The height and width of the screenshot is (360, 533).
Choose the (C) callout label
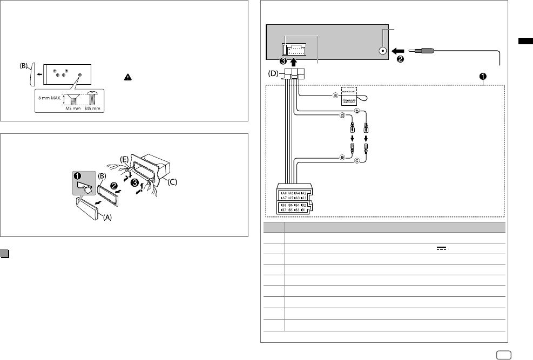click(171, 182)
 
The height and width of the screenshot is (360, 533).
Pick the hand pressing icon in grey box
click(84, 185)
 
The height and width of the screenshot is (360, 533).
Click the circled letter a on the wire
click(335, 96)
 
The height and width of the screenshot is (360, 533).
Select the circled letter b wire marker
click(357, 111)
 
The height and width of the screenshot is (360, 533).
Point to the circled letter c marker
click(356, 160)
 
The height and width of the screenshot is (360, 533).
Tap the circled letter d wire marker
click(342, 115)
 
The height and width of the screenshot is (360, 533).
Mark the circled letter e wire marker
click(341, 157)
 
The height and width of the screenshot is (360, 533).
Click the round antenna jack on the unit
click(383, 51)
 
